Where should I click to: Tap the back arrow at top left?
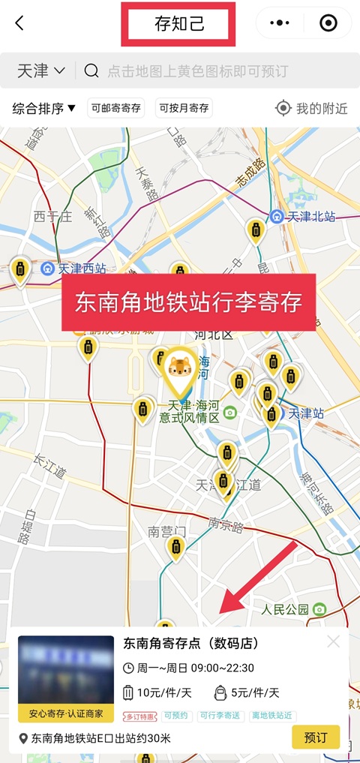pos(19,23)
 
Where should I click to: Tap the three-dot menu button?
pos(279,23)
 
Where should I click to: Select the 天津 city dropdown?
pos(40,71)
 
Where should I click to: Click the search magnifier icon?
pos(91,71)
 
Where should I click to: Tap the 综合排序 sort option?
pos(44,108)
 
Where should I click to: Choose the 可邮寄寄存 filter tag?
pos(115,108)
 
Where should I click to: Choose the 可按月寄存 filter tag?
pos(183,108)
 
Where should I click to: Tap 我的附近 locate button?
pos(312,108)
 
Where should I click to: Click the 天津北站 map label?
pos(312,217)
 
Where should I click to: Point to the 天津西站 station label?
pos(82,268)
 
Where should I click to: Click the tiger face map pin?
pos(180,368)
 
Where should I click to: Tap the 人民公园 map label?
pos(286,608)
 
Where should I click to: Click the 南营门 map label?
pos(167,531)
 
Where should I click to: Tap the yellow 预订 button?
pos(315,737)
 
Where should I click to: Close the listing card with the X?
pos(334,641)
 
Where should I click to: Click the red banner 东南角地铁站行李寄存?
pos(188,302)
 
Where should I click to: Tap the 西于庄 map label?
pos(52,217)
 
